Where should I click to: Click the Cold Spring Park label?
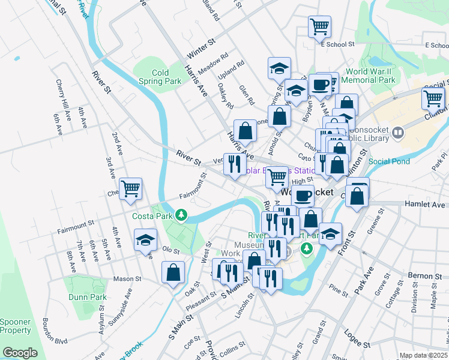coord(160,77)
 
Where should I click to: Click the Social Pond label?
coord(389,161)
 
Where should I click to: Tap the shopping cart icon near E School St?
coord(319,26)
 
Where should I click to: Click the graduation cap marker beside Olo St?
coord(145,240)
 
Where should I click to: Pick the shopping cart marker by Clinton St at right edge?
coord(433,98)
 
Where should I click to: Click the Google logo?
coord(20,353)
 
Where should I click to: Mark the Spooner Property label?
coord(15,326)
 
